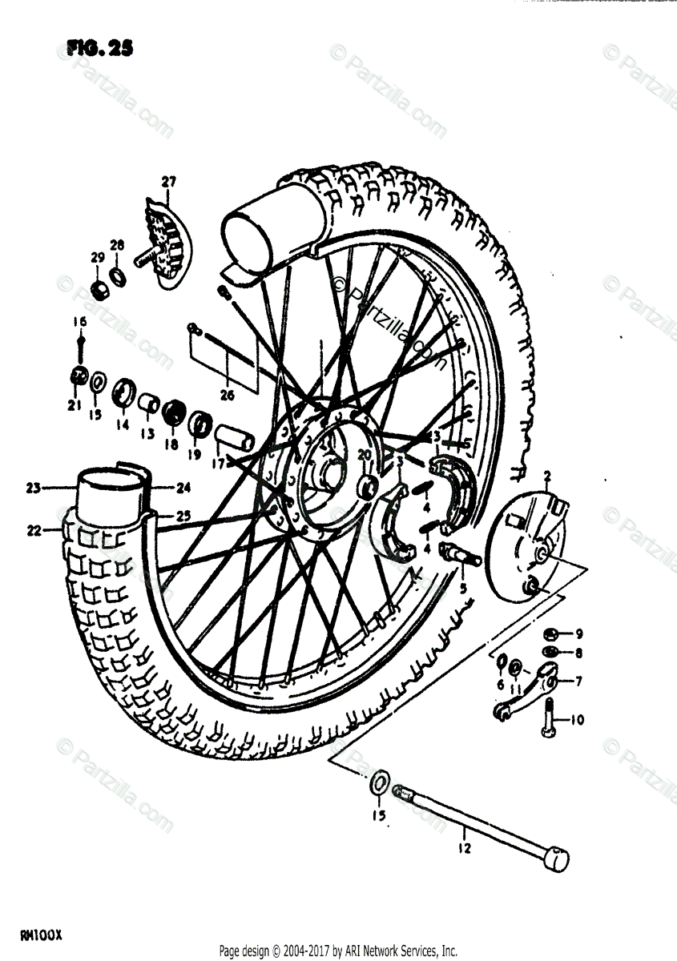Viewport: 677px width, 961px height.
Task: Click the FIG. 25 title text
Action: [x=99, y=49]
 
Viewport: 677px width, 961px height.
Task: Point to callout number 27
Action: [x=168, y=182]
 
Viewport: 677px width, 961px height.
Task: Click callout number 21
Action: [x=75, y=406]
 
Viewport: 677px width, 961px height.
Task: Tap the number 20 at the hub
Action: [x=364, y=455]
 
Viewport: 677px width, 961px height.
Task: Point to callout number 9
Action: [x=578, y=633]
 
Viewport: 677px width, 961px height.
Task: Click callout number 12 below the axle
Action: [x=462, y=846]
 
